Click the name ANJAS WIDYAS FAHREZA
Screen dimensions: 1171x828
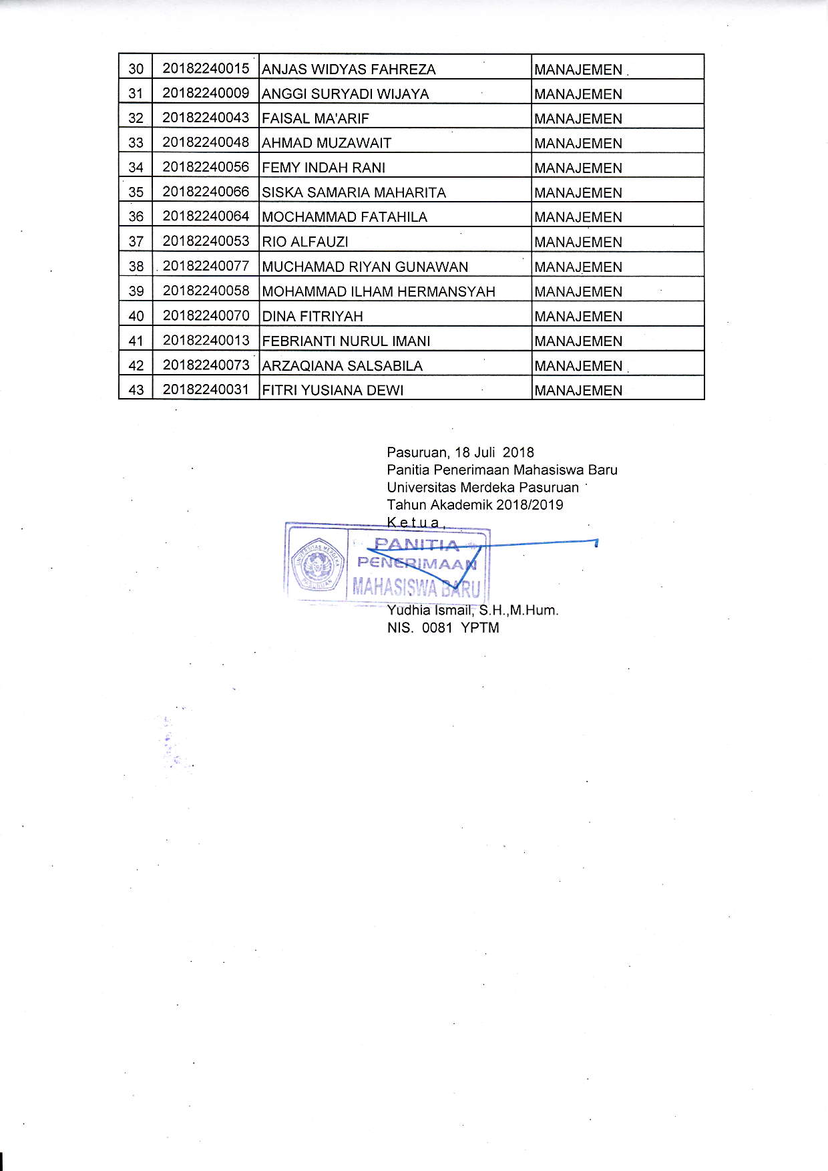click(349, 69)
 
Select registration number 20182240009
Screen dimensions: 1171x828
click(206, 93)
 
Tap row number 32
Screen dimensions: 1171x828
click(136, 118)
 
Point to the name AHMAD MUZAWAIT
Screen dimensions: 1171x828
click(327, 143)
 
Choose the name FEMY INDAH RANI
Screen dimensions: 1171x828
click(323, 168)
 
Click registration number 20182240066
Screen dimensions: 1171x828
click(206, 192)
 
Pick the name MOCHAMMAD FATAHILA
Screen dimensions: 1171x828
click(345, 217)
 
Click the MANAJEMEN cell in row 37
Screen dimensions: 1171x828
click(578, 242)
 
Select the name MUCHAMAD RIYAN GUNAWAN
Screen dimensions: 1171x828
click(365, 267)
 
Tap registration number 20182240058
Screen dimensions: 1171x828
click(206, 291)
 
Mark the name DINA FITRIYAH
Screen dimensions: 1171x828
click(313, 316)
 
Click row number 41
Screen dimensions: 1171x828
click(136, 341)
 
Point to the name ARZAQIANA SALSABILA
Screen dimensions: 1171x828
click(343, 366)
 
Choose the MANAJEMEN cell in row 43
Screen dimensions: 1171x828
click(578, 390)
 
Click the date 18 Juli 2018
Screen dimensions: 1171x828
click(494, 452)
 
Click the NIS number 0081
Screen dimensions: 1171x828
click(437, 628)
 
